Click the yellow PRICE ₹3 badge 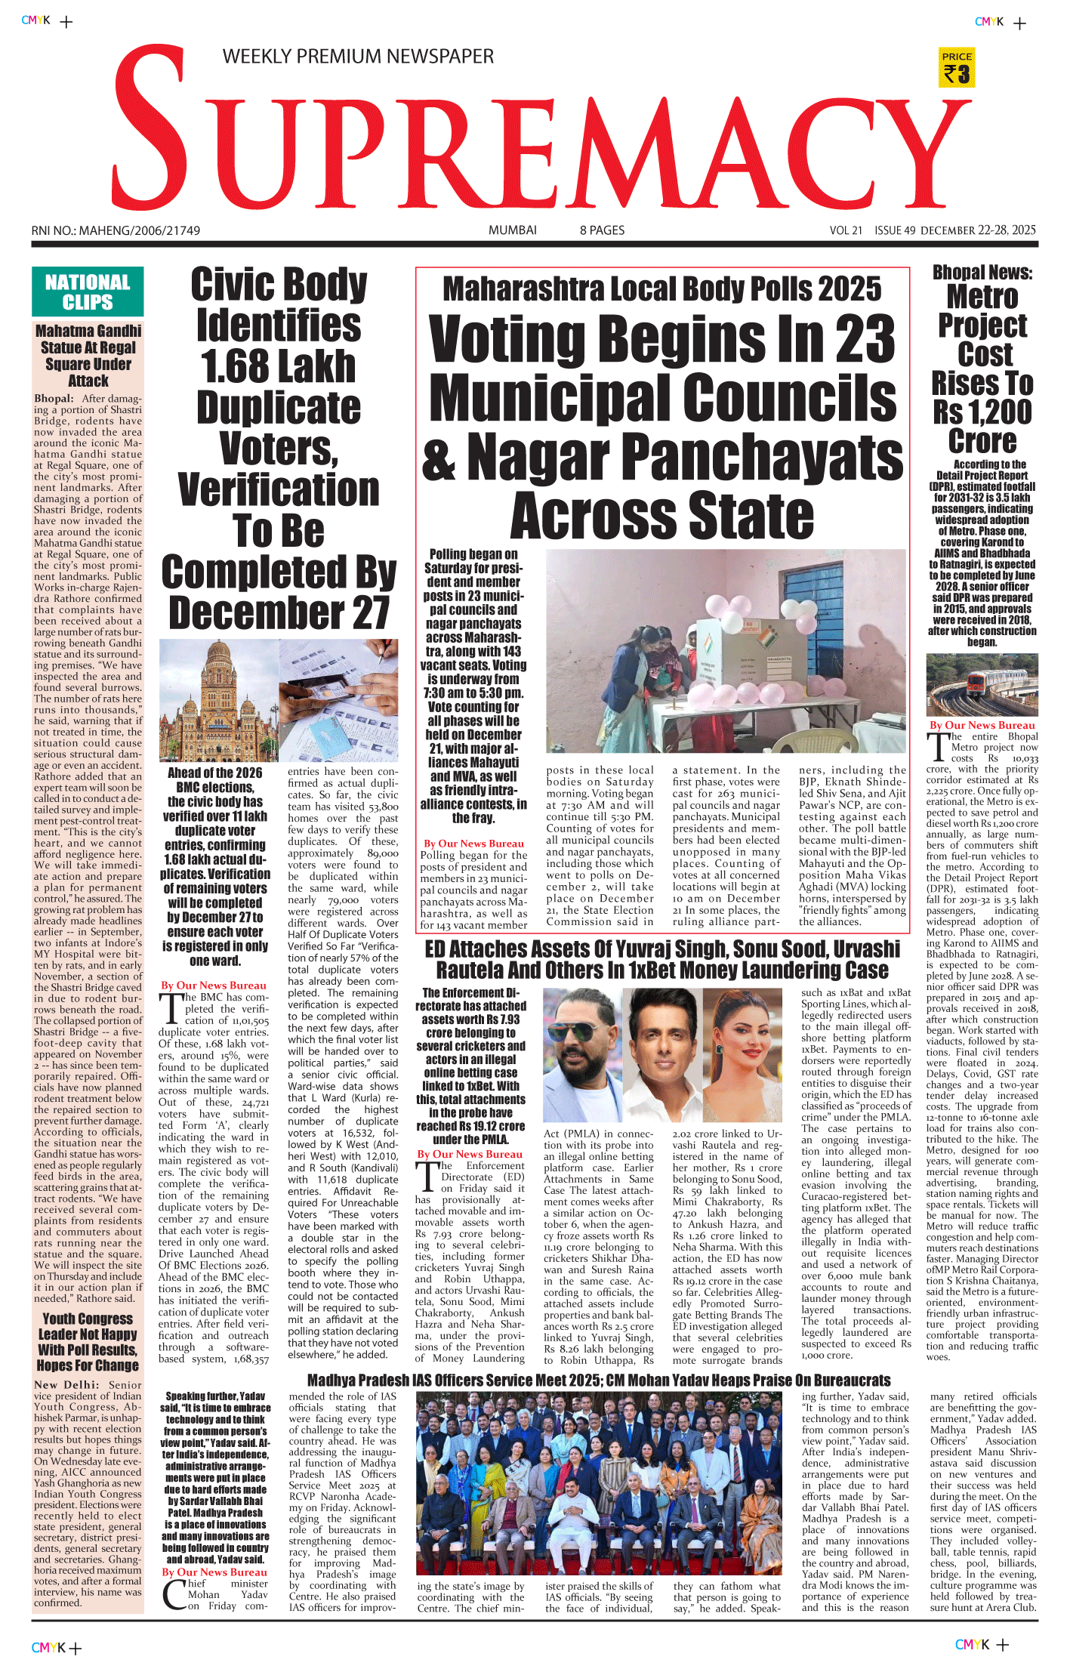[x=956, y=68]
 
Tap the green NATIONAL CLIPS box [x=88, y=292]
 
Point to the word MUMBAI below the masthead [x=512, y=230]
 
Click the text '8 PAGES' [x=602, y=230]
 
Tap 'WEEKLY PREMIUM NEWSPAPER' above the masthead [x=358, y=57]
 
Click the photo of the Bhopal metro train [x=982, y=685]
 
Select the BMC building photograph [x=218, y=700]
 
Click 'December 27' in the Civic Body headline [x=279, y=612]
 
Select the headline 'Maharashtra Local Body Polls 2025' [x=661, y=289]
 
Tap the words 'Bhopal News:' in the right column [x=982, y=273]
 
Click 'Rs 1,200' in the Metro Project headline [x=982, y=412]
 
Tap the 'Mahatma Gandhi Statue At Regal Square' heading [x=88, y=355]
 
